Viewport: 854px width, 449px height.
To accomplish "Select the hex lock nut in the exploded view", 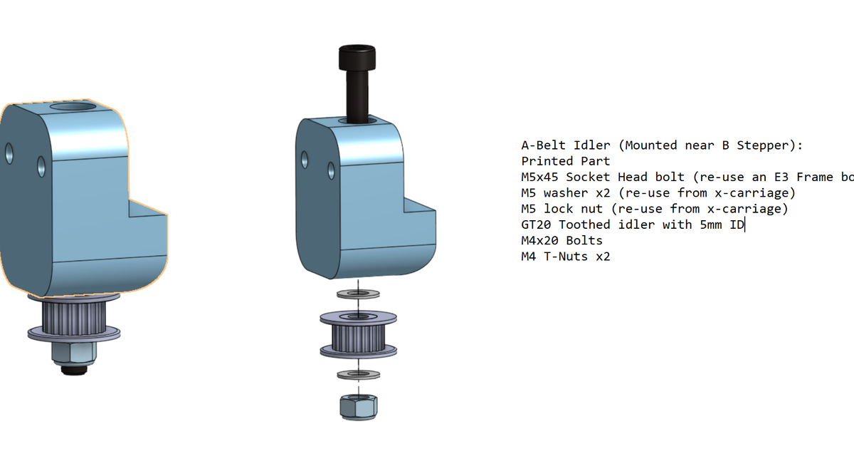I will tap(357, 407).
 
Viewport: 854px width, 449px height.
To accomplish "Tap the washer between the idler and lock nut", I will tap(357, 373).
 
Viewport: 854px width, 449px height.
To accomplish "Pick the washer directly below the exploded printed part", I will tap(357, 293).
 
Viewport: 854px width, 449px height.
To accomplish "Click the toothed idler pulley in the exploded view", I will tap(357, 334).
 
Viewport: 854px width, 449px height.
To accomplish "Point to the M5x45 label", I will tap(540, 177).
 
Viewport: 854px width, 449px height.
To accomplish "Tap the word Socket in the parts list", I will tap(588, 177).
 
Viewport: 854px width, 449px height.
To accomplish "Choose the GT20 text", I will tap(536, 224).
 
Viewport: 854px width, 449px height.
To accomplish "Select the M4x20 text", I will tap(540, 240).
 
